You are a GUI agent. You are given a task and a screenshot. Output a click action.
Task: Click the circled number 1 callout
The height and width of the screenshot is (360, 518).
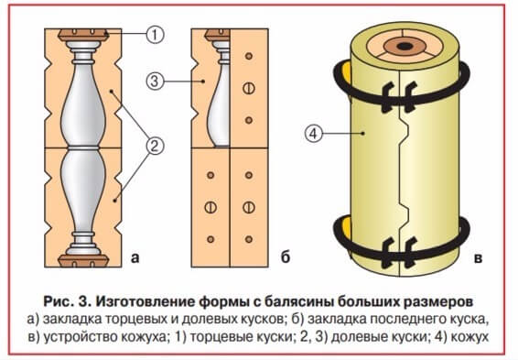coord(155,34)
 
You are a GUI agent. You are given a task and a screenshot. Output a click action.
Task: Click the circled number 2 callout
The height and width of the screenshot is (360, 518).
coord(155,146)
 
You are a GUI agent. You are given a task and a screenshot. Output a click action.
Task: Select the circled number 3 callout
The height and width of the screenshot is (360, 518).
coord(155,81)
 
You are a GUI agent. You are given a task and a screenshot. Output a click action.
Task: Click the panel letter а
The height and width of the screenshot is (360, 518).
coord(135,257)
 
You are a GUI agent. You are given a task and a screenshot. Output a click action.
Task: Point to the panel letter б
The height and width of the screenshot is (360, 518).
coord(286,256)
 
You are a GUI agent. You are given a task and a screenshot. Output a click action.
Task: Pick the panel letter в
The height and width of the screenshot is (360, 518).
coord(478,257)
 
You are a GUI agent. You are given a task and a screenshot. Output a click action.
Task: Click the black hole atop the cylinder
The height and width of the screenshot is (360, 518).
coord(404,47)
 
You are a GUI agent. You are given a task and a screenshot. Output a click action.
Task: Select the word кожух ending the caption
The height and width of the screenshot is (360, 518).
coord(469,336)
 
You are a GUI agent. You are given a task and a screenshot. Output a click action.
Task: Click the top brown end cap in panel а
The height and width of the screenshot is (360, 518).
coord(83,35)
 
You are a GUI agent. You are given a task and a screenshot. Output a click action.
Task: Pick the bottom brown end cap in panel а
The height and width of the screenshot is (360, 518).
coord(83,261)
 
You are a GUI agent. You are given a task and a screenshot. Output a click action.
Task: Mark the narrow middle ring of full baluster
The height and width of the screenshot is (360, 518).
coord(83,147)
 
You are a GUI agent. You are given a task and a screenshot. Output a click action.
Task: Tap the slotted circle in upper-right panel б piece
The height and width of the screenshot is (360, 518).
coord(249,88)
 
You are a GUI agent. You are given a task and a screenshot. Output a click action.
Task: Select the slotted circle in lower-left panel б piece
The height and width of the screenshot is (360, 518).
coord(210,207)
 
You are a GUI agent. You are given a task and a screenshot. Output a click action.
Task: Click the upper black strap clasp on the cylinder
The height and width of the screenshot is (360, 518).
coord(399,97)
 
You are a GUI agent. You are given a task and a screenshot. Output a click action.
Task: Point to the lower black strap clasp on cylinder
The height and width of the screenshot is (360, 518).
coord(399,252)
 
